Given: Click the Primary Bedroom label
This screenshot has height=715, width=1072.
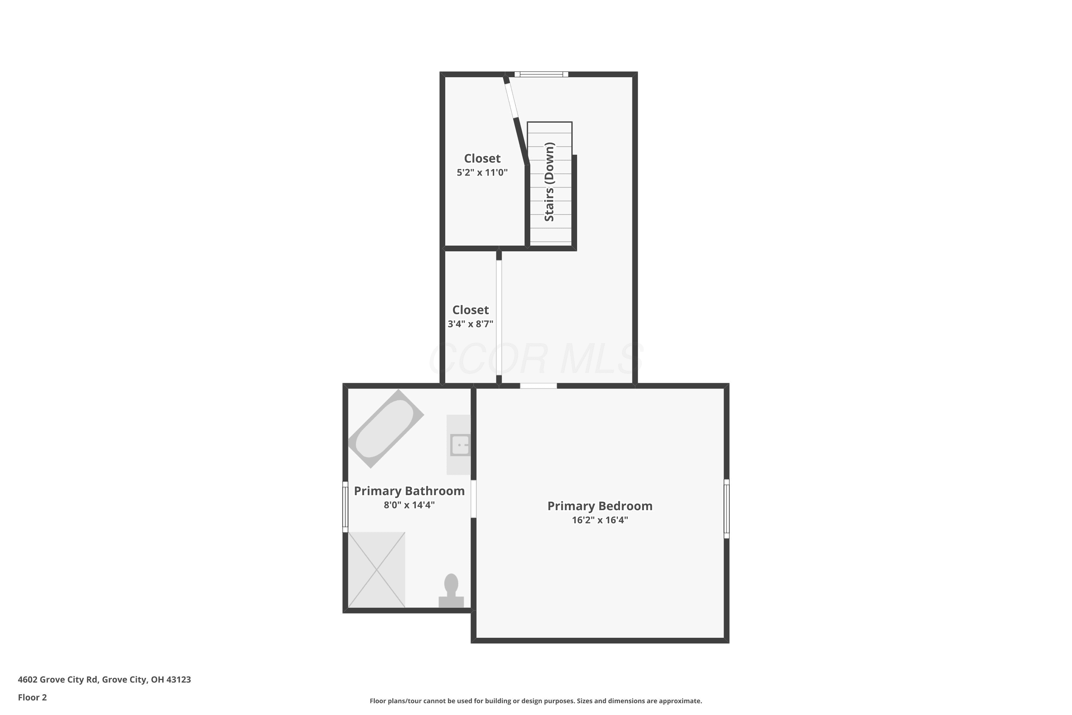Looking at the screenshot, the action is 600,506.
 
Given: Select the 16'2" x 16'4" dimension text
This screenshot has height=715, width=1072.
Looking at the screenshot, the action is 600,520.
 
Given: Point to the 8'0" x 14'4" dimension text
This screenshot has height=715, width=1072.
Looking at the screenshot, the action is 409,505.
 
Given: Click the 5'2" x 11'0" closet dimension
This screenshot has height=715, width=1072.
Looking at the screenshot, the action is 482,172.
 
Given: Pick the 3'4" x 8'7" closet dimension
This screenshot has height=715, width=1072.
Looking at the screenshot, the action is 470,324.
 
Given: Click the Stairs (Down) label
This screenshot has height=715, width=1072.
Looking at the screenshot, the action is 550,182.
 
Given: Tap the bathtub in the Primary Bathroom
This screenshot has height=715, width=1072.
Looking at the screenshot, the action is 386,429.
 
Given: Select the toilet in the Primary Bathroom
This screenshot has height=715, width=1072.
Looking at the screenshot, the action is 451,591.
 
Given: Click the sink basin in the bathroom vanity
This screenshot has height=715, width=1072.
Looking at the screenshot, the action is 460,445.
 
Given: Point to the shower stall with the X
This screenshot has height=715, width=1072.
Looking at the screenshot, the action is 377,569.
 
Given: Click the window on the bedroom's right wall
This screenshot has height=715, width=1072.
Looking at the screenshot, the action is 726,508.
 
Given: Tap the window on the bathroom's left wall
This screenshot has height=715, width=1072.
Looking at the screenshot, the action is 346,507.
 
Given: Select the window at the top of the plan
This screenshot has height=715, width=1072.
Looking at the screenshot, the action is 541,74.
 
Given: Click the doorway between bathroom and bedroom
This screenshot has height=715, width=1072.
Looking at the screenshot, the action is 473,499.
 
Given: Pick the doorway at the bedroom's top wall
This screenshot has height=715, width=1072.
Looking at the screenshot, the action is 538,386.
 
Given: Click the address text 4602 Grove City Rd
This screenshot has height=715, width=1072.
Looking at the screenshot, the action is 104,680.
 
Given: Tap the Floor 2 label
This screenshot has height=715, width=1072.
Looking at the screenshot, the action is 33,697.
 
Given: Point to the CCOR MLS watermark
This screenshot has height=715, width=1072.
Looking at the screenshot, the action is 536,359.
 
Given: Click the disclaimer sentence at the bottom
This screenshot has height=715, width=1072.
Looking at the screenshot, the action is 536,701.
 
